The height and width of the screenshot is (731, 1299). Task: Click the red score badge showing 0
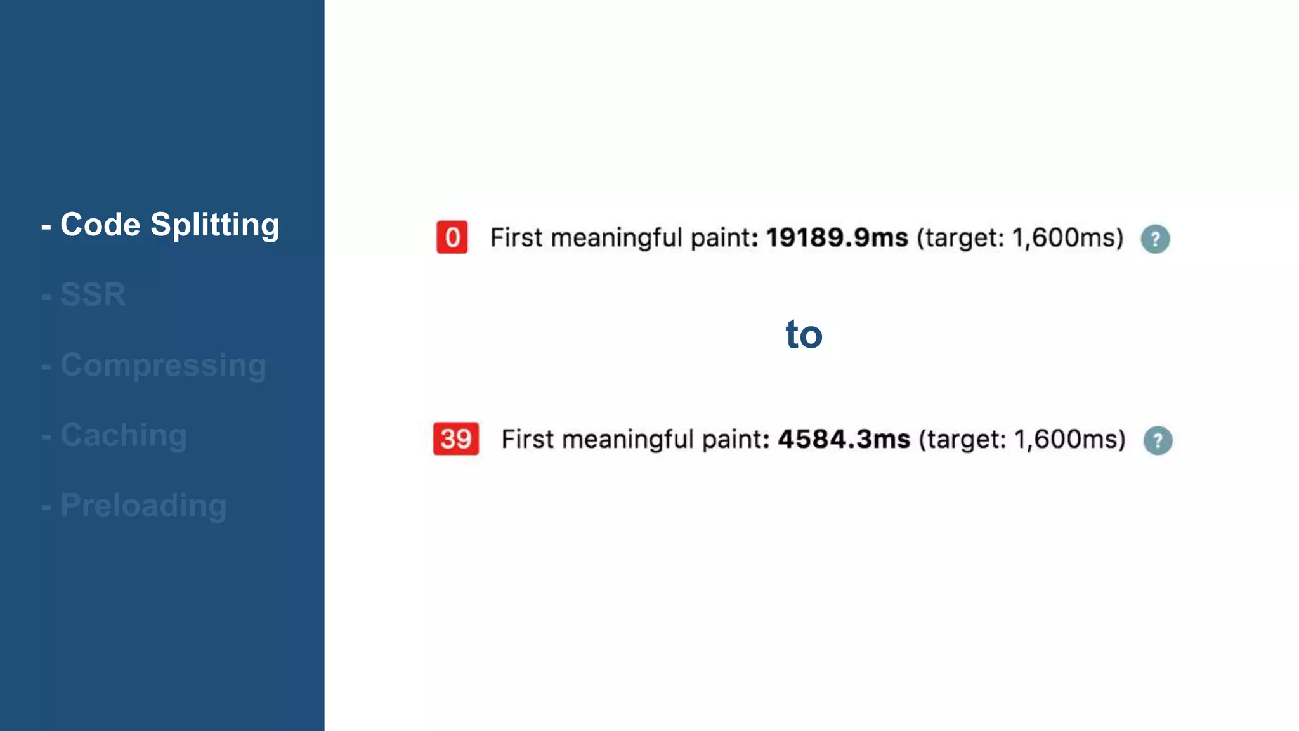(x=452, y=237)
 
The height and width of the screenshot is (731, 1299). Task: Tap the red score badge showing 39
(x=455, y=438)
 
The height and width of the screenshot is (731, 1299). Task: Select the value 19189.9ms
(x=837, y=237)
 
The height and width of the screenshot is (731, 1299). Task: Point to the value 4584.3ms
(x=844, y=439)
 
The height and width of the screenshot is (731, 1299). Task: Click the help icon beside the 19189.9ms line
(x=1155, y=239)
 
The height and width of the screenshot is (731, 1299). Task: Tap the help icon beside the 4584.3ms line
(x=1158, y=440)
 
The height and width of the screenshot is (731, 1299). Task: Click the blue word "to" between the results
(x=804, y=334)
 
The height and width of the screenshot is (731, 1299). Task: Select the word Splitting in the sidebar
(x=215, y=225)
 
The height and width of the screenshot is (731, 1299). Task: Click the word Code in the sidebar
(x=100, y=225)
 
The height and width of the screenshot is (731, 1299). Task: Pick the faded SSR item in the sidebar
(x=93, y=294)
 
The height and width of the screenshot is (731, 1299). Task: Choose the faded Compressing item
(x=163, y=365)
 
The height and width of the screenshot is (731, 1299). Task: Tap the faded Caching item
(x=123, y=435)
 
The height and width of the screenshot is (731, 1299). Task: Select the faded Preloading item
(x=143, y=506)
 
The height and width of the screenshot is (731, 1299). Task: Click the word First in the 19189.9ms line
(x=516, y=238)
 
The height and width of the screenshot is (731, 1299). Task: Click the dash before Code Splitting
(x=46, y=226)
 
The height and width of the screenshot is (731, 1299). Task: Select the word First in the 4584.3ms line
(x=528, y=439)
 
